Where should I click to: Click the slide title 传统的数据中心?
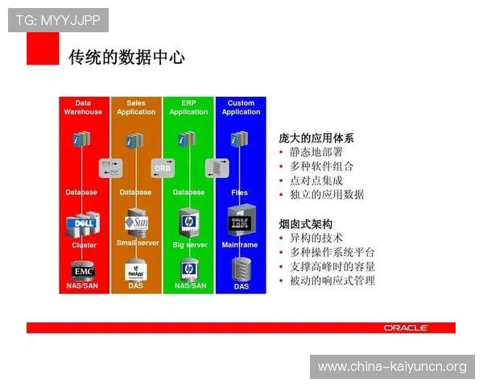pyautogui.click(x=127, y=56)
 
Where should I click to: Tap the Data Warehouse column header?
pyautogui.click(x=83, y=107)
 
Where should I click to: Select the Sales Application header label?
pyautogui.click(x=136, y=107)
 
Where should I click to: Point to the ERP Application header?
pyautogui.click(x=188, y=107)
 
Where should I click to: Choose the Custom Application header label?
pyautogui.click(x=241, y=107)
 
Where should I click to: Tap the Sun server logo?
pyautogui.click(x=136, y=221)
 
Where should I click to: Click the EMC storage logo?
pyautogui.click(x=83, y=269)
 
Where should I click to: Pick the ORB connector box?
pyautogui.click(x=162, y=169)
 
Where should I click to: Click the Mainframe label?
pyautogui.click(x=240, y=244)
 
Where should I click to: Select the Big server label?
pyautogui.click(x=189, y=244)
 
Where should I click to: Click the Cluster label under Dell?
pyautogui.click(x=84, y=245)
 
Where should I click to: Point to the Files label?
pyautogui.click(x=240, y=193)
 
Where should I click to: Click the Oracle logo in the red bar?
pyautogui.click(x=406, y=328)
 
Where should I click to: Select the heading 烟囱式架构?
pyautogui.click(x=305, y=223)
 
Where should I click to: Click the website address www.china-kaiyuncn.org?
pyautogui.click(x=392, y=367)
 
